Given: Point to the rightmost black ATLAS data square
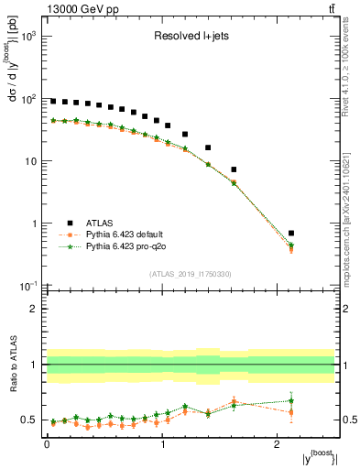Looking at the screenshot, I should (317, 234).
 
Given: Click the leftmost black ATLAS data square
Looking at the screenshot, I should (53, 102).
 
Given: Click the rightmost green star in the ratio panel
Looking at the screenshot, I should (317, 400).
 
